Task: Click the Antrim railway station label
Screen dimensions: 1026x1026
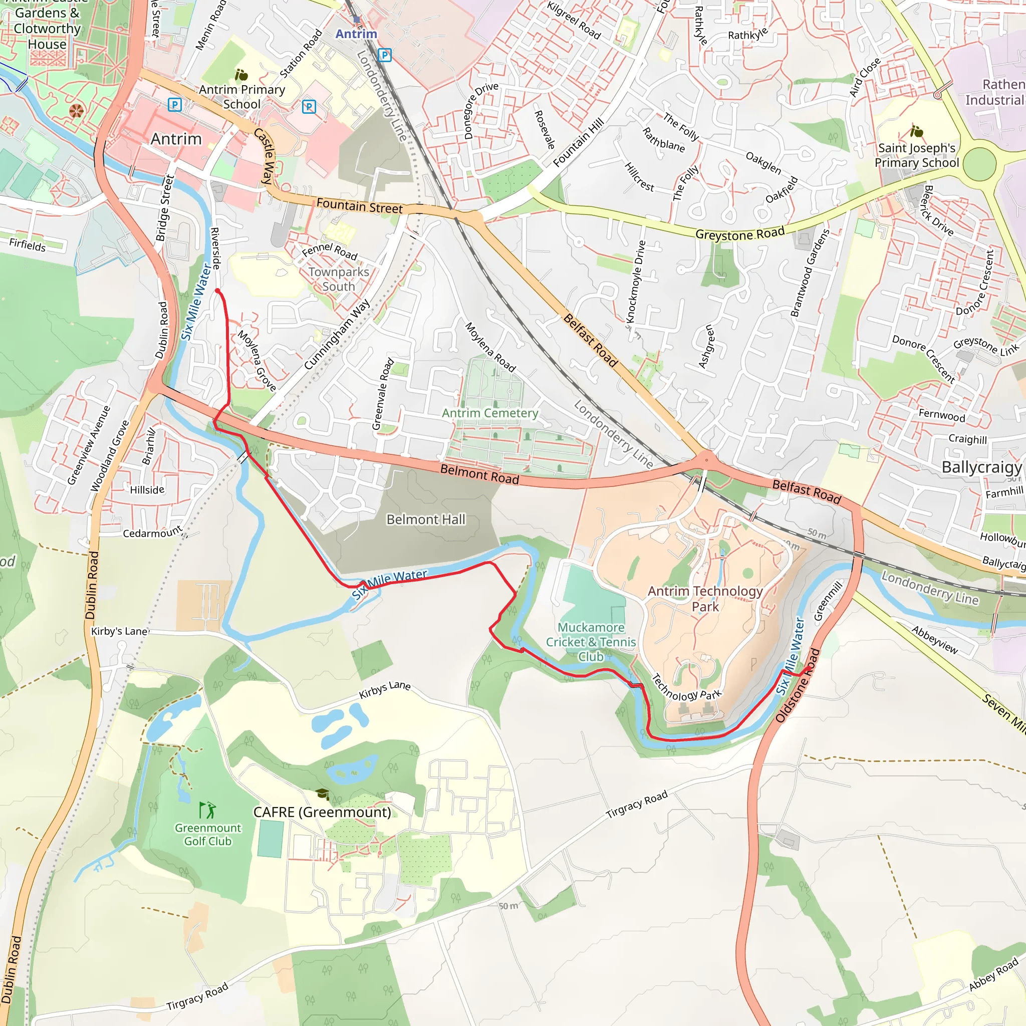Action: click(x=356, y=34)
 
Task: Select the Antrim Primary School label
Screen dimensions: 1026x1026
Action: click(x=241, y=97)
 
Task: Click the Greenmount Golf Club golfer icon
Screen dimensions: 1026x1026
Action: click(x=207, y=810)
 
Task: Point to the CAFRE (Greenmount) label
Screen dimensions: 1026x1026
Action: click(x=322, y=812)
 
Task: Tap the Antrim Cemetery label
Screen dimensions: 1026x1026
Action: click(x=489, y=413)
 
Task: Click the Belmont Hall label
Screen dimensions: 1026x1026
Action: click(x=425, y=520)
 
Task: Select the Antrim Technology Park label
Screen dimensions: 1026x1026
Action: click(x=705, y=599)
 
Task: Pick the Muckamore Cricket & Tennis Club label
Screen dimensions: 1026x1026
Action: click(x=591, y=642)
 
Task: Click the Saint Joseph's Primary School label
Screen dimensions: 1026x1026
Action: click(x=917, y=155)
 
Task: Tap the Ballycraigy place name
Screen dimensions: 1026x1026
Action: click(x=981, y=467)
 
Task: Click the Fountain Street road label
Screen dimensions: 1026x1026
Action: click(x=359, y=206)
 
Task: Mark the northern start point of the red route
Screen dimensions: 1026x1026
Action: click(x=217, y=291)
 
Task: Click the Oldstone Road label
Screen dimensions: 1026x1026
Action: click(x=798, y=685)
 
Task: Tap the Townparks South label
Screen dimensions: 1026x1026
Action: click(x=338, y=279)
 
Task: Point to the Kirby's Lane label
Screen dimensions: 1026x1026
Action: click(x=120, y=631)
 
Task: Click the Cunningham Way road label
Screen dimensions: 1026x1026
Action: click(x=337, y=335)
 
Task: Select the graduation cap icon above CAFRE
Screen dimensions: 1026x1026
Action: click(x=322, y=794)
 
